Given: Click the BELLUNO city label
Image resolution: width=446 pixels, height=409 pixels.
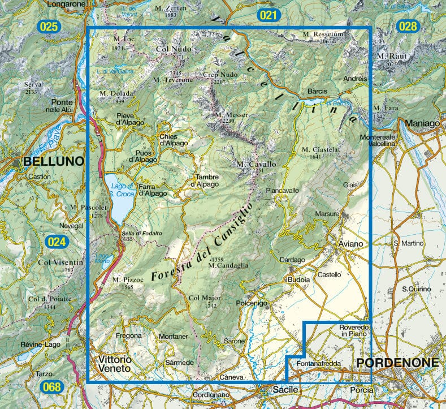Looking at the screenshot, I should point(53,162).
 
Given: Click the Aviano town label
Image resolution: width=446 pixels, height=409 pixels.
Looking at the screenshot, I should point(353,243).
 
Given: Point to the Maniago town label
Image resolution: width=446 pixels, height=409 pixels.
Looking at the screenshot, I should point(417,122).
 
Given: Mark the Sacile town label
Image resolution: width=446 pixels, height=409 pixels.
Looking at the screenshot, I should point(279,390).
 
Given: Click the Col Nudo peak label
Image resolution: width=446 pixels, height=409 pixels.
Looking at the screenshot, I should point(174,50).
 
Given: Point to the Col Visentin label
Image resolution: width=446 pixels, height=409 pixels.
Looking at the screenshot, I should point(60,262).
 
